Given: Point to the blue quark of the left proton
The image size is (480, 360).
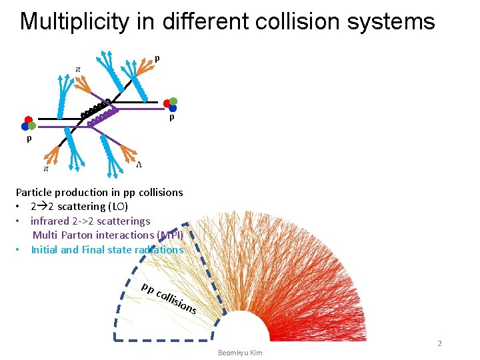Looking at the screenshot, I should pos(25,126).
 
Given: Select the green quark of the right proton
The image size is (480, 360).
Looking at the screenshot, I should pos(173,101).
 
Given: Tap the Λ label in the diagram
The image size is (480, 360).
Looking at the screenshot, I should pos(139,165).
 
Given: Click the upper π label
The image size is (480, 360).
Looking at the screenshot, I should pos(78,69).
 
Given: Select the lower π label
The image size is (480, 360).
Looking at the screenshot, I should pos(46,169).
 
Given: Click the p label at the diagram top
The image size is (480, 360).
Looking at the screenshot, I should pos(157,59).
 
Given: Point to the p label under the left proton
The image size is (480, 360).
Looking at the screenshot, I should pos(29,139).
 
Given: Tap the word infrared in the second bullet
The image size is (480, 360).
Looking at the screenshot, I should pos(52,221).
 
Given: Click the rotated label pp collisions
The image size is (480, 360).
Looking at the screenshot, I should pos(169,298).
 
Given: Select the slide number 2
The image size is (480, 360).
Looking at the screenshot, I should pos(439,343).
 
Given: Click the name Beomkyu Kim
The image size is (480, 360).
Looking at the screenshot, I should pos(240,352).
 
